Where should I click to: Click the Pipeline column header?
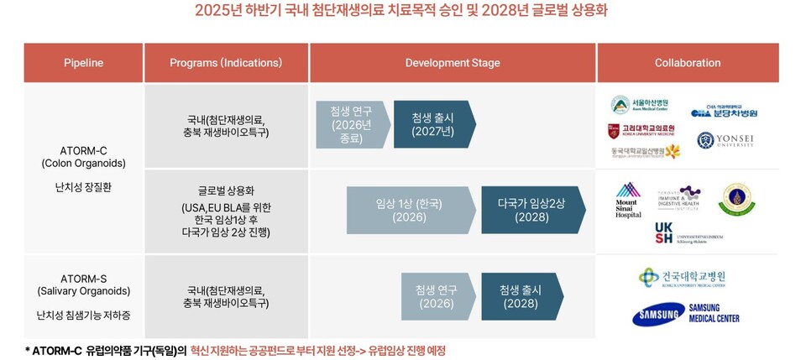click(83, 63)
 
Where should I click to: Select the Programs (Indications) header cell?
click(226, 63)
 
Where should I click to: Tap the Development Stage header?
click(452, 63)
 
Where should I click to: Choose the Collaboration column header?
click(687, 63)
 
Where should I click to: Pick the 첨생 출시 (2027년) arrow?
click(432, 124)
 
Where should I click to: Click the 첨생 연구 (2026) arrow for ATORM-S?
click(436, 296)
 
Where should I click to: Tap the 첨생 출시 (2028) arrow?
click(521, 296)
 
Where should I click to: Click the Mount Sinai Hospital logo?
click(628, 201)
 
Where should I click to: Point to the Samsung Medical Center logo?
click(686, 315)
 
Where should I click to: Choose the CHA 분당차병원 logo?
click(724, 111)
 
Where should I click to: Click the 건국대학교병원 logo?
click(682, 278)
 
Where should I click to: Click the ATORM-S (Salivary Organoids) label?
click(83, 284)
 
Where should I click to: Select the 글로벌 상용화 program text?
click(226, 190)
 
